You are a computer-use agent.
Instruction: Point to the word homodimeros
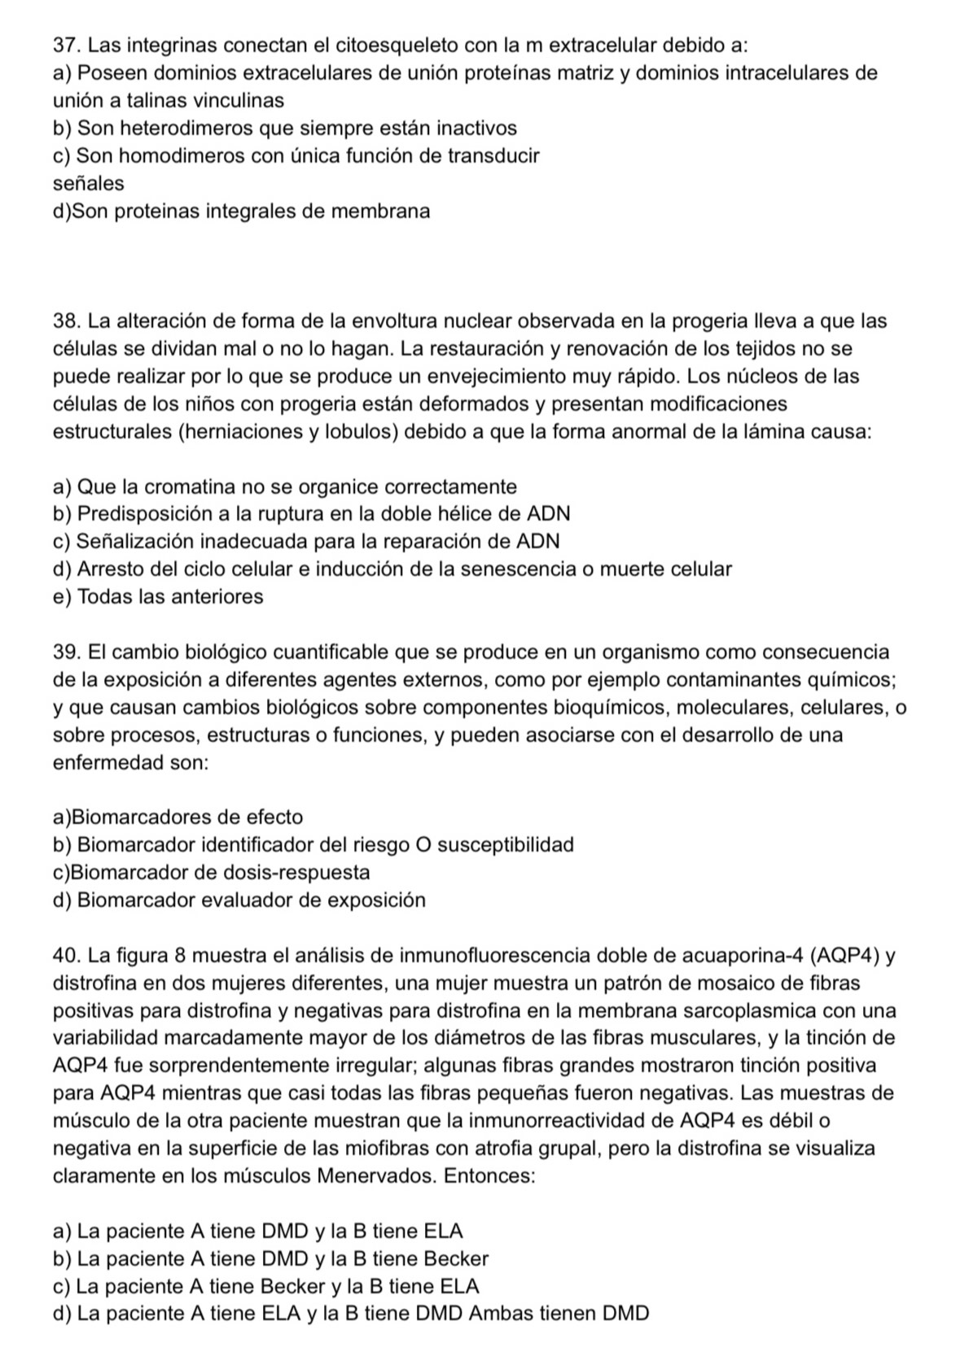click(x=183, y=155)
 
